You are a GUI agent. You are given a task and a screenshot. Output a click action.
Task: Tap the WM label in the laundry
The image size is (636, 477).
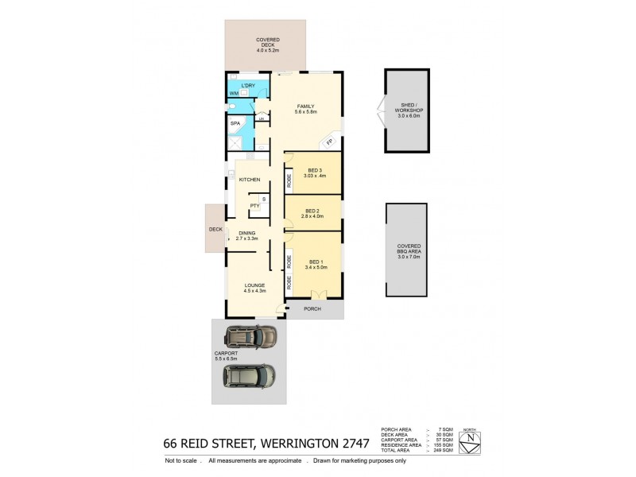pyautogui.click(x=233, y=94)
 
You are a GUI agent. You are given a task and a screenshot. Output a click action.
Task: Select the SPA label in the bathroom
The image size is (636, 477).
pyautogui.click(x=235, y=124)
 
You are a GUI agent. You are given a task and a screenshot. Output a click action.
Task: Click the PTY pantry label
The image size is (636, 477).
pyautogui.click(x=254, y=206)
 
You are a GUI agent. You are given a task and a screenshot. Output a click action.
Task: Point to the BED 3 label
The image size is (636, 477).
pyautogui.click(x=315, y=170)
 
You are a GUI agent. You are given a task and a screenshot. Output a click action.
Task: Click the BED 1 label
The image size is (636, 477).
pyautogui.click(x=316, y=262)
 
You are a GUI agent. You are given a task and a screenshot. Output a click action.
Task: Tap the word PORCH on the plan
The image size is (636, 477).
pyautogui.click(x=312, y=308)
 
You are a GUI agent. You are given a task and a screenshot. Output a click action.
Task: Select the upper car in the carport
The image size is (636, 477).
pyautogui.click(x=250, y=337)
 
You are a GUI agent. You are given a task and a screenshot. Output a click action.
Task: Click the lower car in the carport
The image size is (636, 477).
pyautogui.click(x=250, y=376)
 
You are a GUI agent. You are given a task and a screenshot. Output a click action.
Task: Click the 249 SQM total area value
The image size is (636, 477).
pyautogui.click(x=445, y=450)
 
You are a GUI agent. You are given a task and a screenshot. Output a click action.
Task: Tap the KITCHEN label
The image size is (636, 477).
pyautogui.click(x=250, y=180)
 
